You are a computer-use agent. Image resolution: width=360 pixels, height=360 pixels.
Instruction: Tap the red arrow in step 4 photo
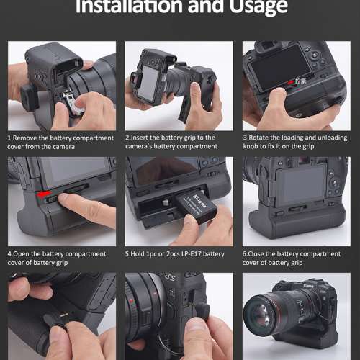click(x=45, y=195)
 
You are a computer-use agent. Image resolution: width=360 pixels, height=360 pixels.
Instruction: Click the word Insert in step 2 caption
click(x=143, y=138)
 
